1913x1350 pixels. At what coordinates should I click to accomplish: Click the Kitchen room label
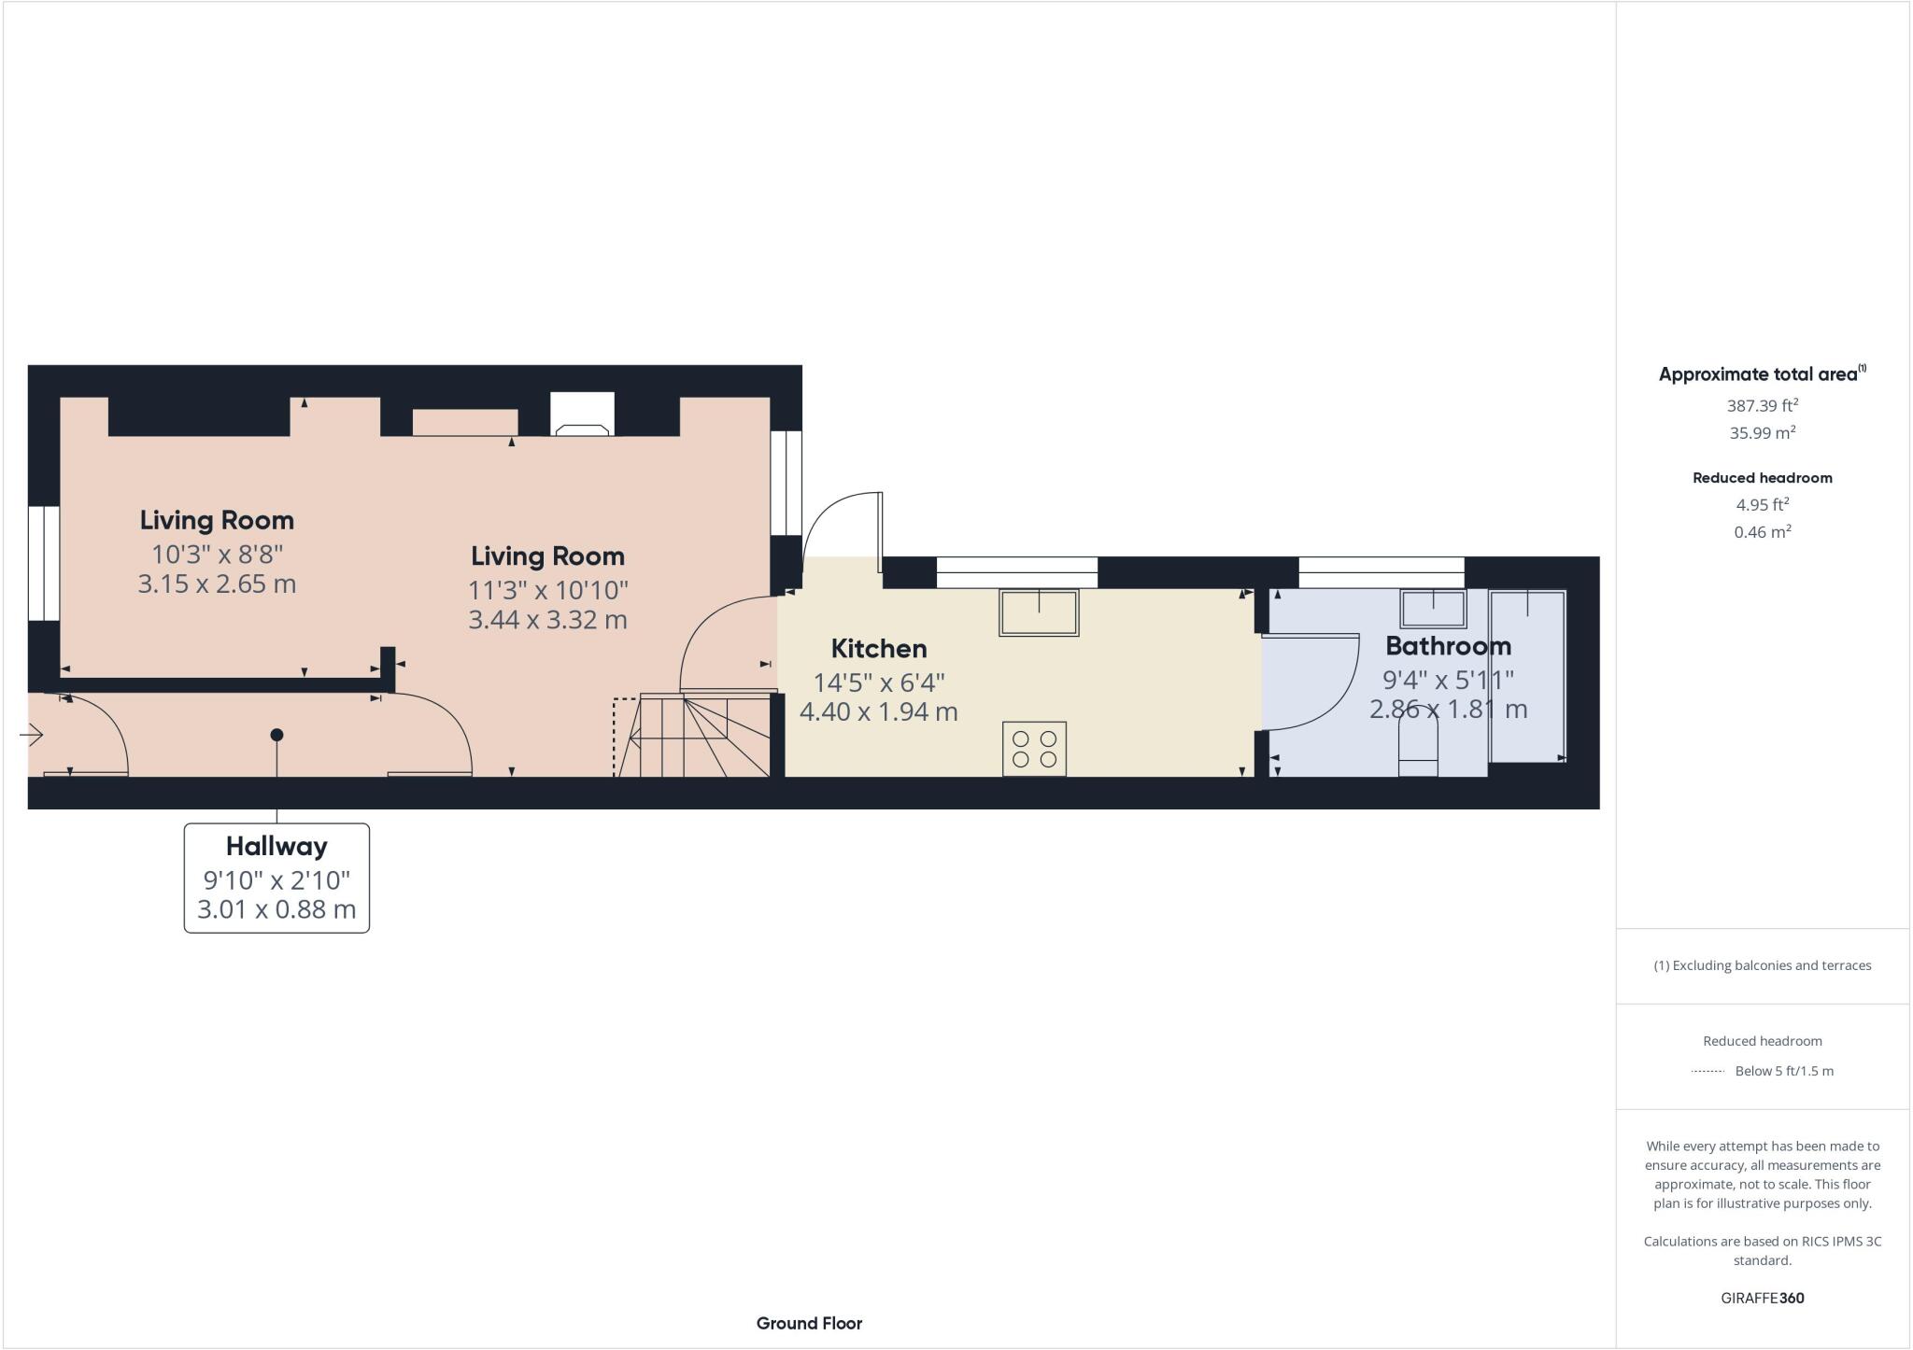pyautogui.click(x=878, y=648)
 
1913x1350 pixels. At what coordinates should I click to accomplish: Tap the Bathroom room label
pyautogui.click(x=1447, y=645)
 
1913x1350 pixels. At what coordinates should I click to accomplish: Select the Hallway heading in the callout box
pyautogui.click(x=276, y=846)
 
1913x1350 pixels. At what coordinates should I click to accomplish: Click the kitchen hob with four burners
pyautogui.click(x=1034, y=749)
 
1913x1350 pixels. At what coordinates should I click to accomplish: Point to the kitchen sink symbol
pyautogui.click(x=1038, y=612)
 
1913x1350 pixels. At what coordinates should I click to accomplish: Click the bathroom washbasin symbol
pyautogui.click(x=1432, y=609)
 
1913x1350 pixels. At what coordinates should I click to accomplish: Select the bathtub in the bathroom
pyautogui.click(x=1527, y=676)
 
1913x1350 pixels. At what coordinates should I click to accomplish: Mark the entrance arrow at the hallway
pyautogui.click(x=31, y=736)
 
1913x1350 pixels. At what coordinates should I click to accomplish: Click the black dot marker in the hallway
pyautogui.click(x=276, y=735)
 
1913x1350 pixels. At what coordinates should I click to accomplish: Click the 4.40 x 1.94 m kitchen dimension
pyautogui.click(x=878, y=711)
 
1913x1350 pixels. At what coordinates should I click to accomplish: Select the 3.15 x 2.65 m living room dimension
pyautogui.click(x=217, y=584)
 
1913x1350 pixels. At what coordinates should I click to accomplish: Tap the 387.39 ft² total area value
pyautogui.click(x=1762, y=406)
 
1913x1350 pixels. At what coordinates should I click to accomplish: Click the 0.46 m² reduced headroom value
pyautogui.click(x=1762, y=532)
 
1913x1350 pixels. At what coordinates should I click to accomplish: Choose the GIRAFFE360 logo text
pyautogui.click(x=1762, y=1298)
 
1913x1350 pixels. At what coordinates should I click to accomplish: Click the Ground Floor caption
pyautogui.click(x=809, y=1323)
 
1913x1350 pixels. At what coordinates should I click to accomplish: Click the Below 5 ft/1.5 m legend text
pyautogui.click(x=1783, y=1071)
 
